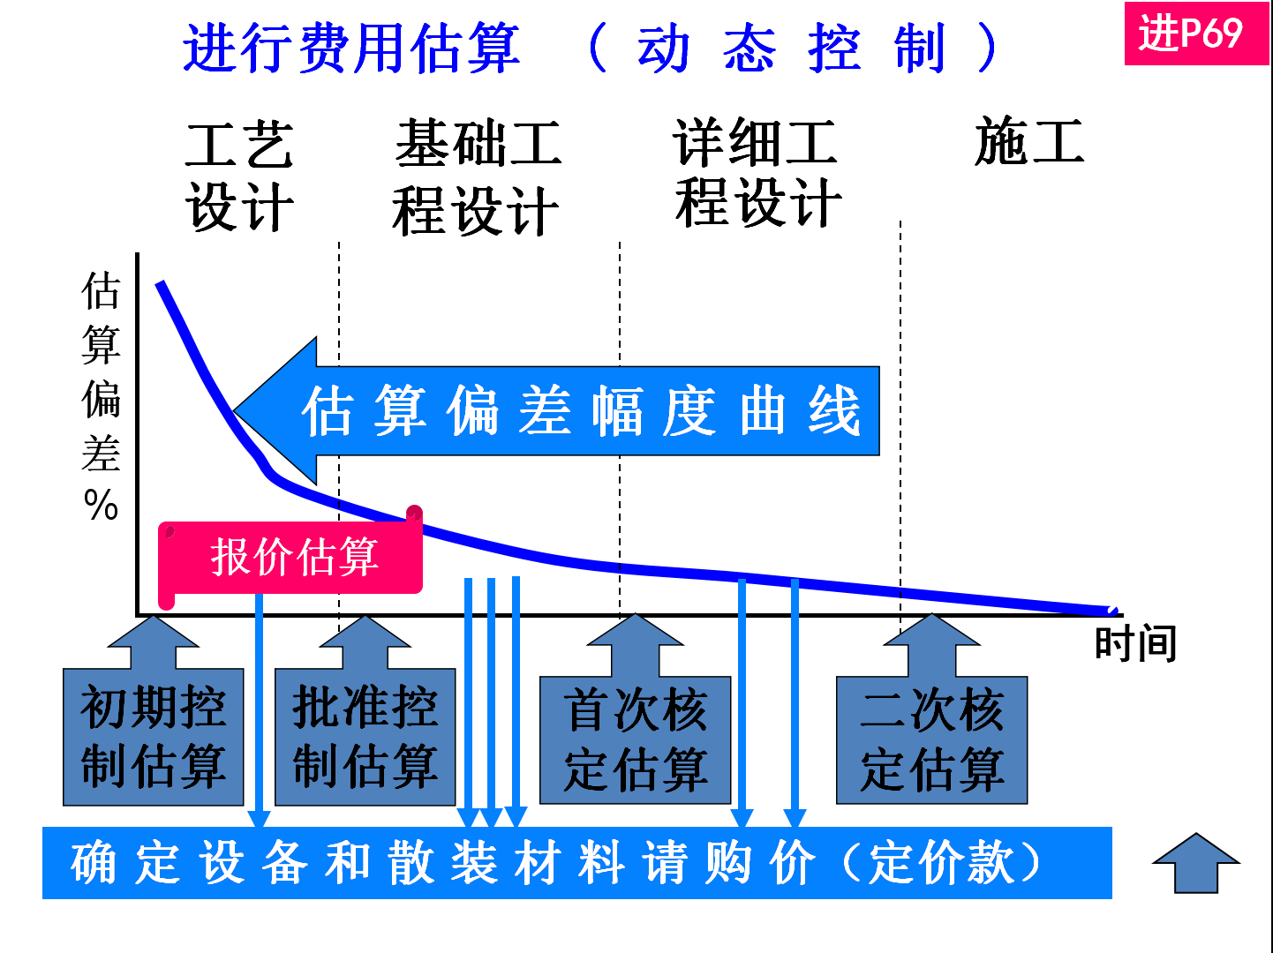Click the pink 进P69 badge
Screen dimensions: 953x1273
tap(1195, 34)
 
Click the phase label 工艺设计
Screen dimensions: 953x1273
tap(239, 176)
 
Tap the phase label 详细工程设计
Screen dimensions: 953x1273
tap(757, 173)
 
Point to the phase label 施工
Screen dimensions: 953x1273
tap(1029, 142)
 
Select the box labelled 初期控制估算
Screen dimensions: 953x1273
tap(154, 738)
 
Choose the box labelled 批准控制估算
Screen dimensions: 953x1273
tap(365, 738)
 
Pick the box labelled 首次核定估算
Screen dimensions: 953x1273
tap(636, 740)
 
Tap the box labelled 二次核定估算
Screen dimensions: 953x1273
tap(932, 740)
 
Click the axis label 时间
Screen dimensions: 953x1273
tap(1135, 643)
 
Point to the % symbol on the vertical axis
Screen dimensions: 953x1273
tap(101, 506)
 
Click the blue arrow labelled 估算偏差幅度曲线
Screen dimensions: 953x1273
tap(565, 411)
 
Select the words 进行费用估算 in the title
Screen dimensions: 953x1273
tap(351, 48)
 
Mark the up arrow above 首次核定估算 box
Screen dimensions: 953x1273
tap(636, 645)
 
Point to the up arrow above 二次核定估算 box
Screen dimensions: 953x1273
tap(932, 645)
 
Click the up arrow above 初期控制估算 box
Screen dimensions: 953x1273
tap(154, 642)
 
